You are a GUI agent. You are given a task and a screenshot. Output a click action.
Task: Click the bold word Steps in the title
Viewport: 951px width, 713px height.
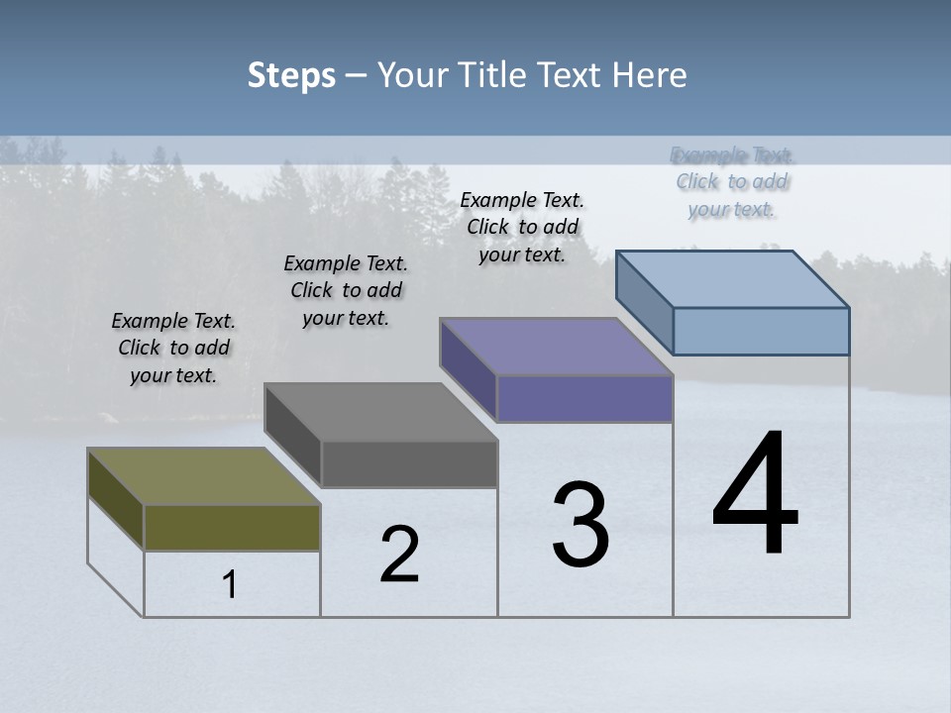pos(291,75)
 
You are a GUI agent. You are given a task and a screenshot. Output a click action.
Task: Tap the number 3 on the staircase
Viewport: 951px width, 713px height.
pos(581,525)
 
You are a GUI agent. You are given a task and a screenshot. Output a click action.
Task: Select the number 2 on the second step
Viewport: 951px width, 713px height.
pos(400,555)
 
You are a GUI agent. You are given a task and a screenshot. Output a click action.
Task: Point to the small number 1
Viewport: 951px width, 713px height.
pos(230,585)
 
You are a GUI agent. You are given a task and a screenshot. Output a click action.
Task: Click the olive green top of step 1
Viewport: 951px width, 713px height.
pos(203,476)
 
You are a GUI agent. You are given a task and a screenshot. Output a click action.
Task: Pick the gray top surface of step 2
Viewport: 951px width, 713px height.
pos(380,412)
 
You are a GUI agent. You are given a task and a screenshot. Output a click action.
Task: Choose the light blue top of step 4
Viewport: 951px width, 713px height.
pos(733,279)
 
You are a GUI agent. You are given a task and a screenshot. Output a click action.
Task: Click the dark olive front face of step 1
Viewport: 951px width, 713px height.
pos(232,527)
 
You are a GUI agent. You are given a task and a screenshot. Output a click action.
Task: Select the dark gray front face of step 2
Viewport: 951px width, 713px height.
pos(409,463)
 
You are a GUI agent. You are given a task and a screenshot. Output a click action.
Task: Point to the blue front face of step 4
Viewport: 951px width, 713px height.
pos(761,331)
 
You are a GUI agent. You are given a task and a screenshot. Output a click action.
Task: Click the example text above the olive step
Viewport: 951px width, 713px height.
pos(173,348)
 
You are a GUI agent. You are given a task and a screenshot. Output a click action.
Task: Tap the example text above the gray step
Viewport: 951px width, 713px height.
pos(346,290)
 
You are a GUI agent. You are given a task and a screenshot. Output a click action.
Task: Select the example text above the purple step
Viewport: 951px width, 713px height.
pos(522,227)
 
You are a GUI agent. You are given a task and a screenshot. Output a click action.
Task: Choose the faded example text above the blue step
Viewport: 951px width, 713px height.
pos(732,181)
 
